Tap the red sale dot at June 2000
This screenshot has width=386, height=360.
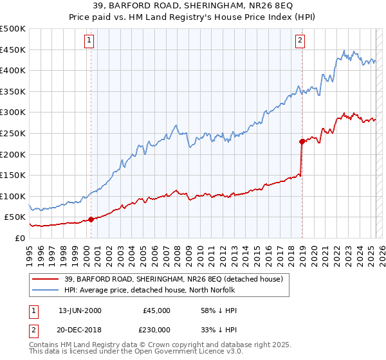tap(91, 219)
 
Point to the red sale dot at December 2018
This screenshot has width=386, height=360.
tap(302, 141)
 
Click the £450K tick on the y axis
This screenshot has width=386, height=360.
tap(14, 50)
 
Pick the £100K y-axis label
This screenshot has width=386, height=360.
tap(14, 196)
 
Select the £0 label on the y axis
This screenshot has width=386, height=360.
tap(19, 238)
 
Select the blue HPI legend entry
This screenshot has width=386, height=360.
tap(160, 290)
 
